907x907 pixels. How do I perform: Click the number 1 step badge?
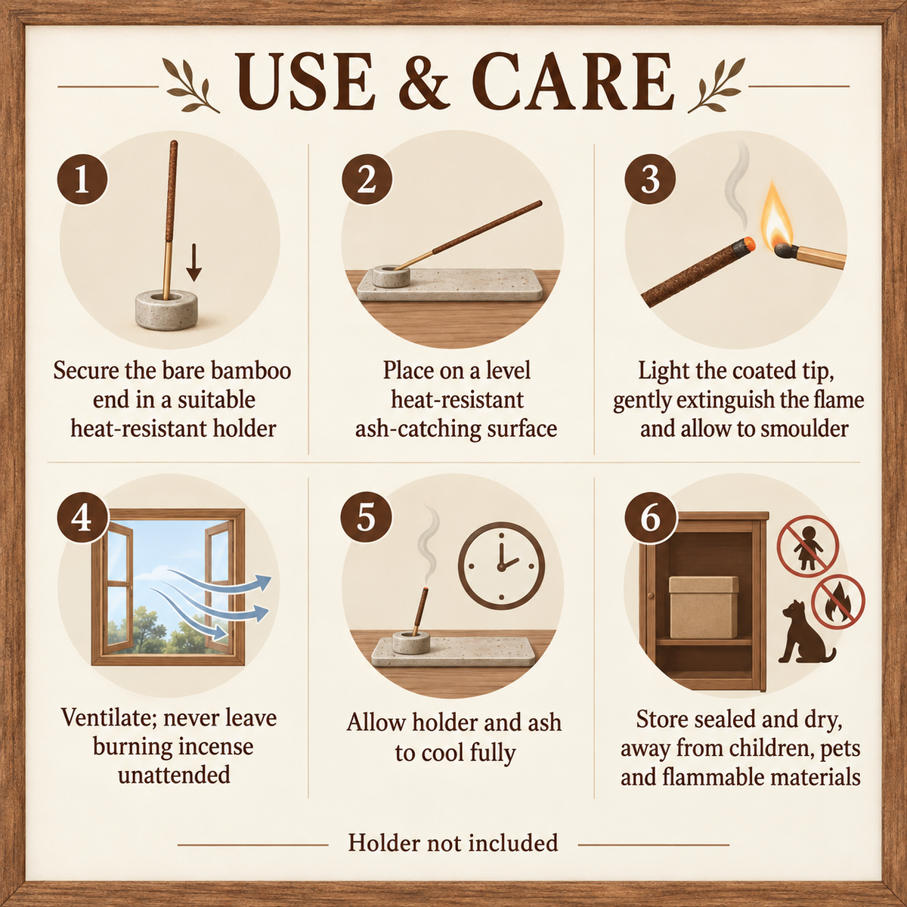(x=82, y=179)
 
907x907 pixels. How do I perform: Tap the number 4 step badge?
(x=82, y=519)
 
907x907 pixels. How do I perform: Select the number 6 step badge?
(x=650, y=519)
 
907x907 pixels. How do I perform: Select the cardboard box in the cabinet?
(x=703, y=607)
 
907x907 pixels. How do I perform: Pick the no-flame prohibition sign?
(x=837, y=602)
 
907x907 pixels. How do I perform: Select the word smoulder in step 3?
(x=805, y=429)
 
